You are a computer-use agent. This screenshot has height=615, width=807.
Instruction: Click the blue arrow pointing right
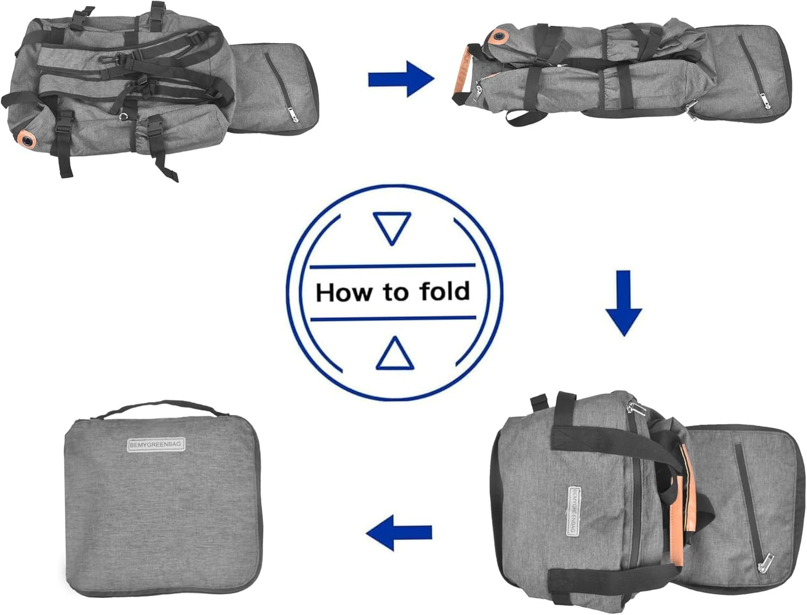point(401,79)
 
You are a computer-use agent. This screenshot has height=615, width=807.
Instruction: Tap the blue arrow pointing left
point(399,532)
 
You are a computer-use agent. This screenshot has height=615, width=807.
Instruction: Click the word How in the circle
point(343,293)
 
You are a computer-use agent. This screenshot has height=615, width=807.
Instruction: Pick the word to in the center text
point(395,292)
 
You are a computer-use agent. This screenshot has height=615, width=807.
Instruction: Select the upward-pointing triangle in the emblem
point(394,354)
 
